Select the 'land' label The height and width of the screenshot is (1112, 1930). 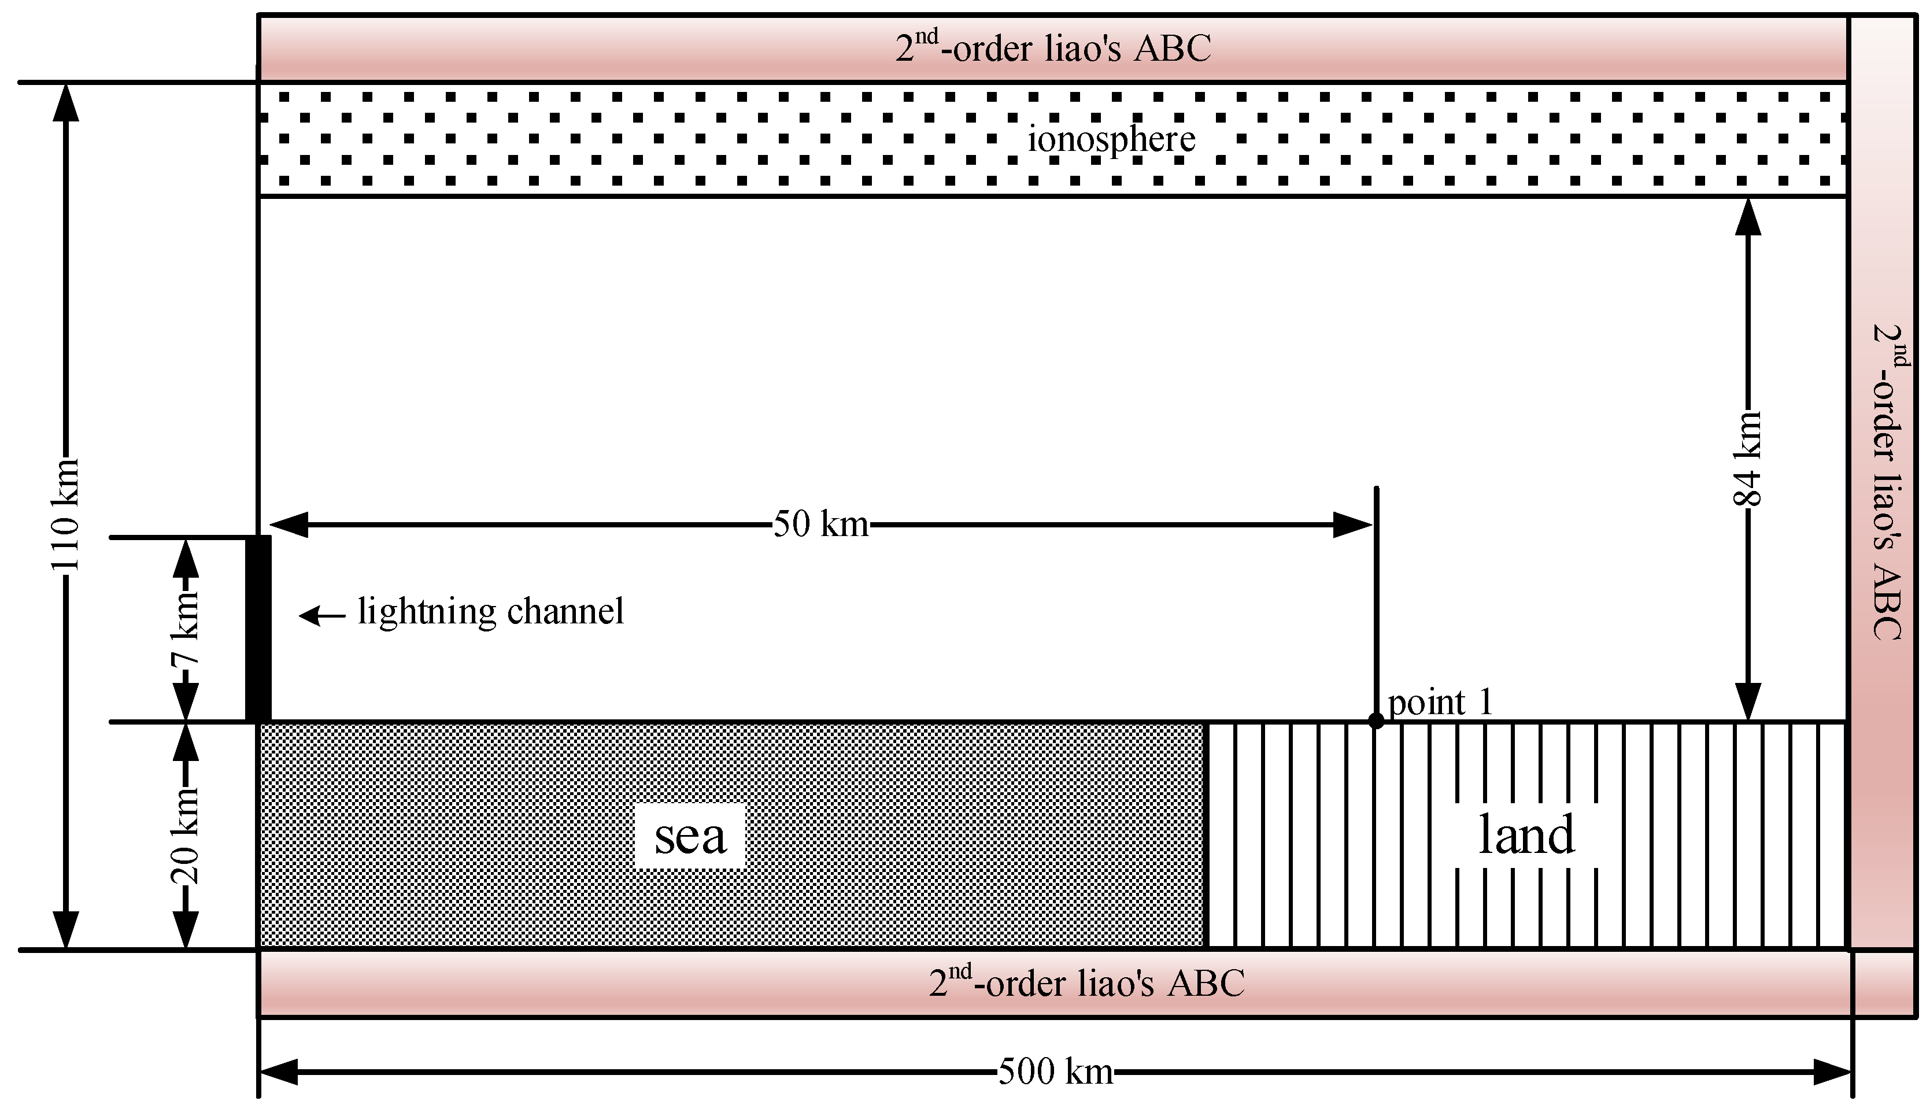[x=1526, y=835]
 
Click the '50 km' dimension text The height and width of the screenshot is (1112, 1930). [x=820, y=524]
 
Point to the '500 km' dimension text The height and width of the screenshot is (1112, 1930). [x=1055, y=1072]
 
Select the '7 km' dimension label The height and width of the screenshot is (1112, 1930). [x=186, y=629]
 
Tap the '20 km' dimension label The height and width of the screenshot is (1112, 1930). [x=186, y=836]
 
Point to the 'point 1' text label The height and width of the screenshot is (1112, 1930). [x=1439, y=702]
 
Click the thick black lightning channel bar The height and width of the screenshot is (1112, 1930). [x=258, y=629]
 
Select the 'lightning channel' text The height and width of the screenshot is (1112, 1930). [x=491, y=612]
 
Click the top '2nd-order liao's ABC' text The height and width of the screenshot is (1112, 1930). [x=1053, y=48]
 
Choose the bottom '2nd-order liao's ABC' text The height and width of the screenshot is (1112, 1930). [x=1086, y=983]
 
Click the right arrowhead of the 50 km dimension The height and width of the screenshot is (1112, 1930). [x=1353, y=524]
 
